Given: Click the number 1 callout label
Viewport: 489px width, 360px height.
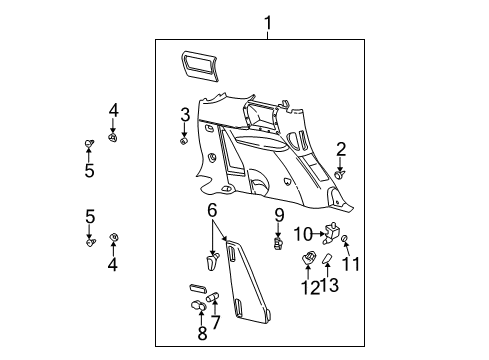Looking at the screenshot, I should point(267,22).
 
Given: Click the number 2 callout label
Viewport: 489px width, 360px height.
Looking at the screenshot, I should point(341,149).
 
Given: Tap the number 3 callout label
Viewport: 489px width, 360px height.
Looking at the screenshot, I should point(185,115).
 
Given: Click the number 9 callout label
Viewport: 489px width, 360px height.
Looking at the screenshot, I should point(280,215).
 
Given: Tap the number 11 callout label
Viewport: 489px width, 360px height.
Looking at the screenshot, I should point(351,264).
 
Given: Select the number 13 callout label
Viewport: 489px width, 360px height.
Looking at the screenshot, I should point(334,286).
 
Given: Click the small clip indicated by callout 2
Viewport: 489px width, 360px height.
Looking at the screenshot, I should point(341,173).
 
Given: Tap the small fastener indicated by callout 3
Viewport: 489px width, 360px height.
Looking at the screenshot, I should point(185,141).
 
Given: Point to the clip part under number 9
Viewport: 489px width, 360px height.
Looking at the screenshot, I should point(280,241).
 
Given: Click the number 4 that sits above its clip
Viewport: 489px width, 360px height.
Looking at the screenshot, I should point(113,110).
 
